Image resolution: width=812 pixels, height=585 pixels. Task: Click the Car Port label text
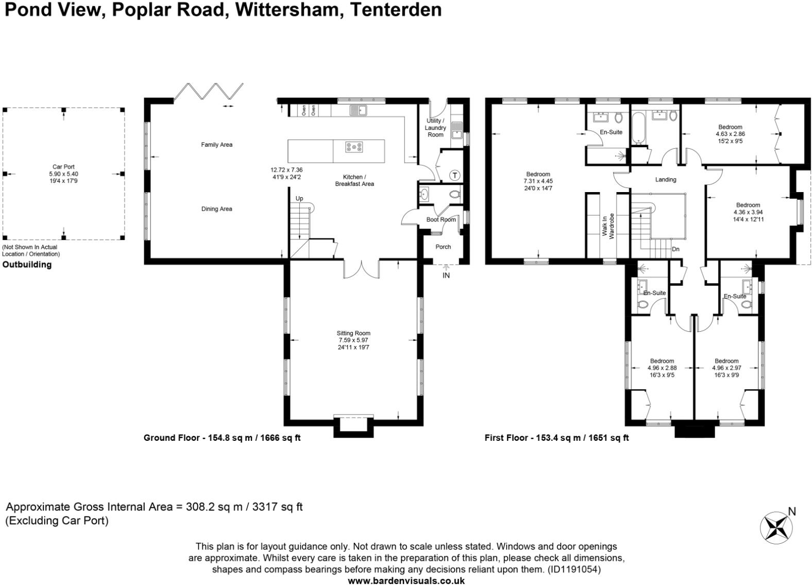pyautogui.click(x=63, y=167)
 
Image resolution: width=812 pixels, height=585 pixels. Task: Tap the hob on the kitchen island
pyautogui.click(x=354, y=147)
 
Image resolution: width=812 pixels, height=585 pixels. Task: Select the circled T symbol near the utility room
pyautogui.click(x=454, y=175)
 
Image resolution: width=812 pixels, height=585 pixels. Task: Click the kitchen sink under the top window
pyautogui.click(x=358, y=110)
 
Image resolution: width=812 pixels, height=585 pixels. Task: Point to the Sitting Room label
pyautogui.click(x=353, y=333)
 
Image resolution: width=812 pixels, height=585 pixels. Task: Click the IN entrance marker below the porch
pyautogui.click(x=446, y=276)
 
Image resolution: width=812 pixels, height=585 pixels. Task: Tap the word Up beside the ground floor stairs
pyautogui.click(x=299, y=198)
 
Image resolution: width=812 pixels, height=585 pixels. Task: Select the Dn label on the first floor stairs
pyautogui.click(x=675, y=249)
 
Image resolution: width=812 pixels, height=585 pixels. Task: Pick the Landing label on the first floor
pyautogui.click(x=666, y=180)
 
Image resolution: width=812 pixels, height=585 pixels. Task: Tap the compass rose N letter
pyautogui.click(x=792, y=511)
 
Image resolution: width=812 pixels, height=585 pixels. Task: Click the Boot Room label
pyautogui.click(x=441, y=219)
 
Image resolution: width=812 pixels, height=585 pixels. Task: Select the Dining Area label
pyautogui.click(x=216, y=209)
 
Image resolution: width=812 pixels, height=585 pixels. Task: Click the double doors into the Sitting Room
pyautogui.click(x=362, y=269)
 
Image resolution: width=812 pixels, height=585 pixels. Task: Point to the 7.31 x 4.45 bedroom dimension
pyautogui.click(x=538, y=181)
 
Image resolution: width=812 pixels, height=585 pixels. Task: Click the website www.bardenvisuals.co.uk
pyautogui.click(x=407, y=580)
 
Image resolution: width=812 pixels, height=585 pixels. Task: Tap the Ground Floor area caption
pyautogui.click(x=222, y=438)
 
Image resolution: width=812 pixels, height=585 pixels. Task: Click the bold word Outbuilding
pyautogui.click(x=27, y=265)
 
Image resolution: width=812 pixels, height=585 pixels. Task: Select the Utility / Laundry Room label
pyautogui.click(x=435, y=128)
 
